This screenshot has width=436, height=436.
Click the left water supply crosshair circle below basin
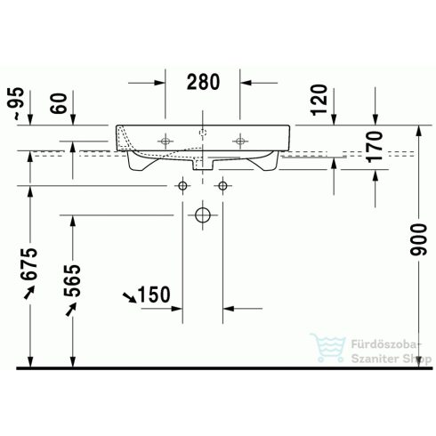(182, 185)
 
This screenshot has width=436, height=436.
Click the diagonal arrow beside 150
(130, 296)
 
